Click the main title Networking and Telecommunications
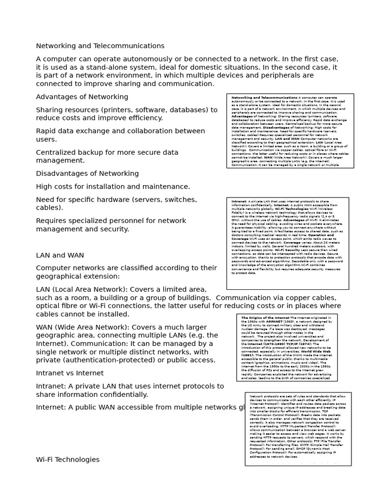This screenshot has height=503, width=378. pyautogui.click(x=100, y=46)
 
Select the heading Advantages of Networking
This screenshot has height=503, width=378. pyautogui.click(x=82, y=97)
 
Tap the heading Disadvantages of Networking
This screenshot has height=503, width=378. pyautogui.click(x=87, y=173)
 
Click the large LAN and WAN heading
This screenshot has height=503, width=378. pyautogui.click(x=60, y=255)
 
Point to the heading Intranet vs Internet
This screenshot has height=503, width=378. pyautogui.click(x=69, y=373)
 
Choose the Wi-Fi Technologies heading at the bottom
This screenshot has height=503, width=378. pyautogui.click(x=67, y=460)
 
